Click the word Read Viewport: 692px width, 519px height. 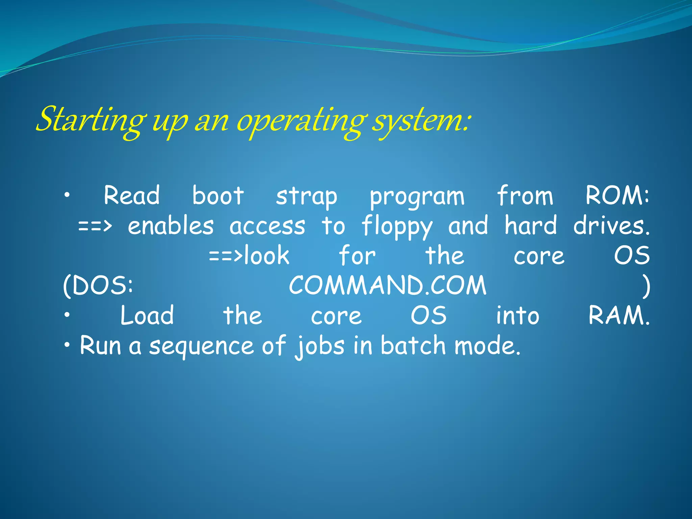[x=131, y=196]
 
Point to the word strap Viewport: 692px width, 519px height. [x=306, y=196]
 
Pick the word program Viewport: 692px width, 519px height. [x=417, y=197]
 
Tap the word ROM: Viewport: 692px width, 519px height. [x=617, y=196]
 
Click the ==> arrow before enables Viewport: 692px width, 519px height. [x=94, y=226]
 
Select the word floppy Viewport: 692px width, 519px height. [x=397, y=227]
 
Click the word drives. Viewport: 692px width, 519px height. [x=611, y=226]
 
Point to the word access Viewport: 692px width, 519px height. [x=267, y=226]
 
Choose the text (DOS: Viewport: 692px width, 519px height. [x=98, y=286]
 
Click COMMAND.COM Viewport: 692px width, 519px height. [x=388, y=286]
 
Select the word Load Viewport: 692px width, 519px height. [x=147, y=315]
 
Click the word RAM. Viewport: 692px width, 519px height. [x=619, y=315]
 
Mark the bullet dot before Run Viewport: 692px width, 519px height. [x=68, y=345]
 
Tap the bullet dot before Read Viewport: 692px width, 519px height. [x=68, y=195]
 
